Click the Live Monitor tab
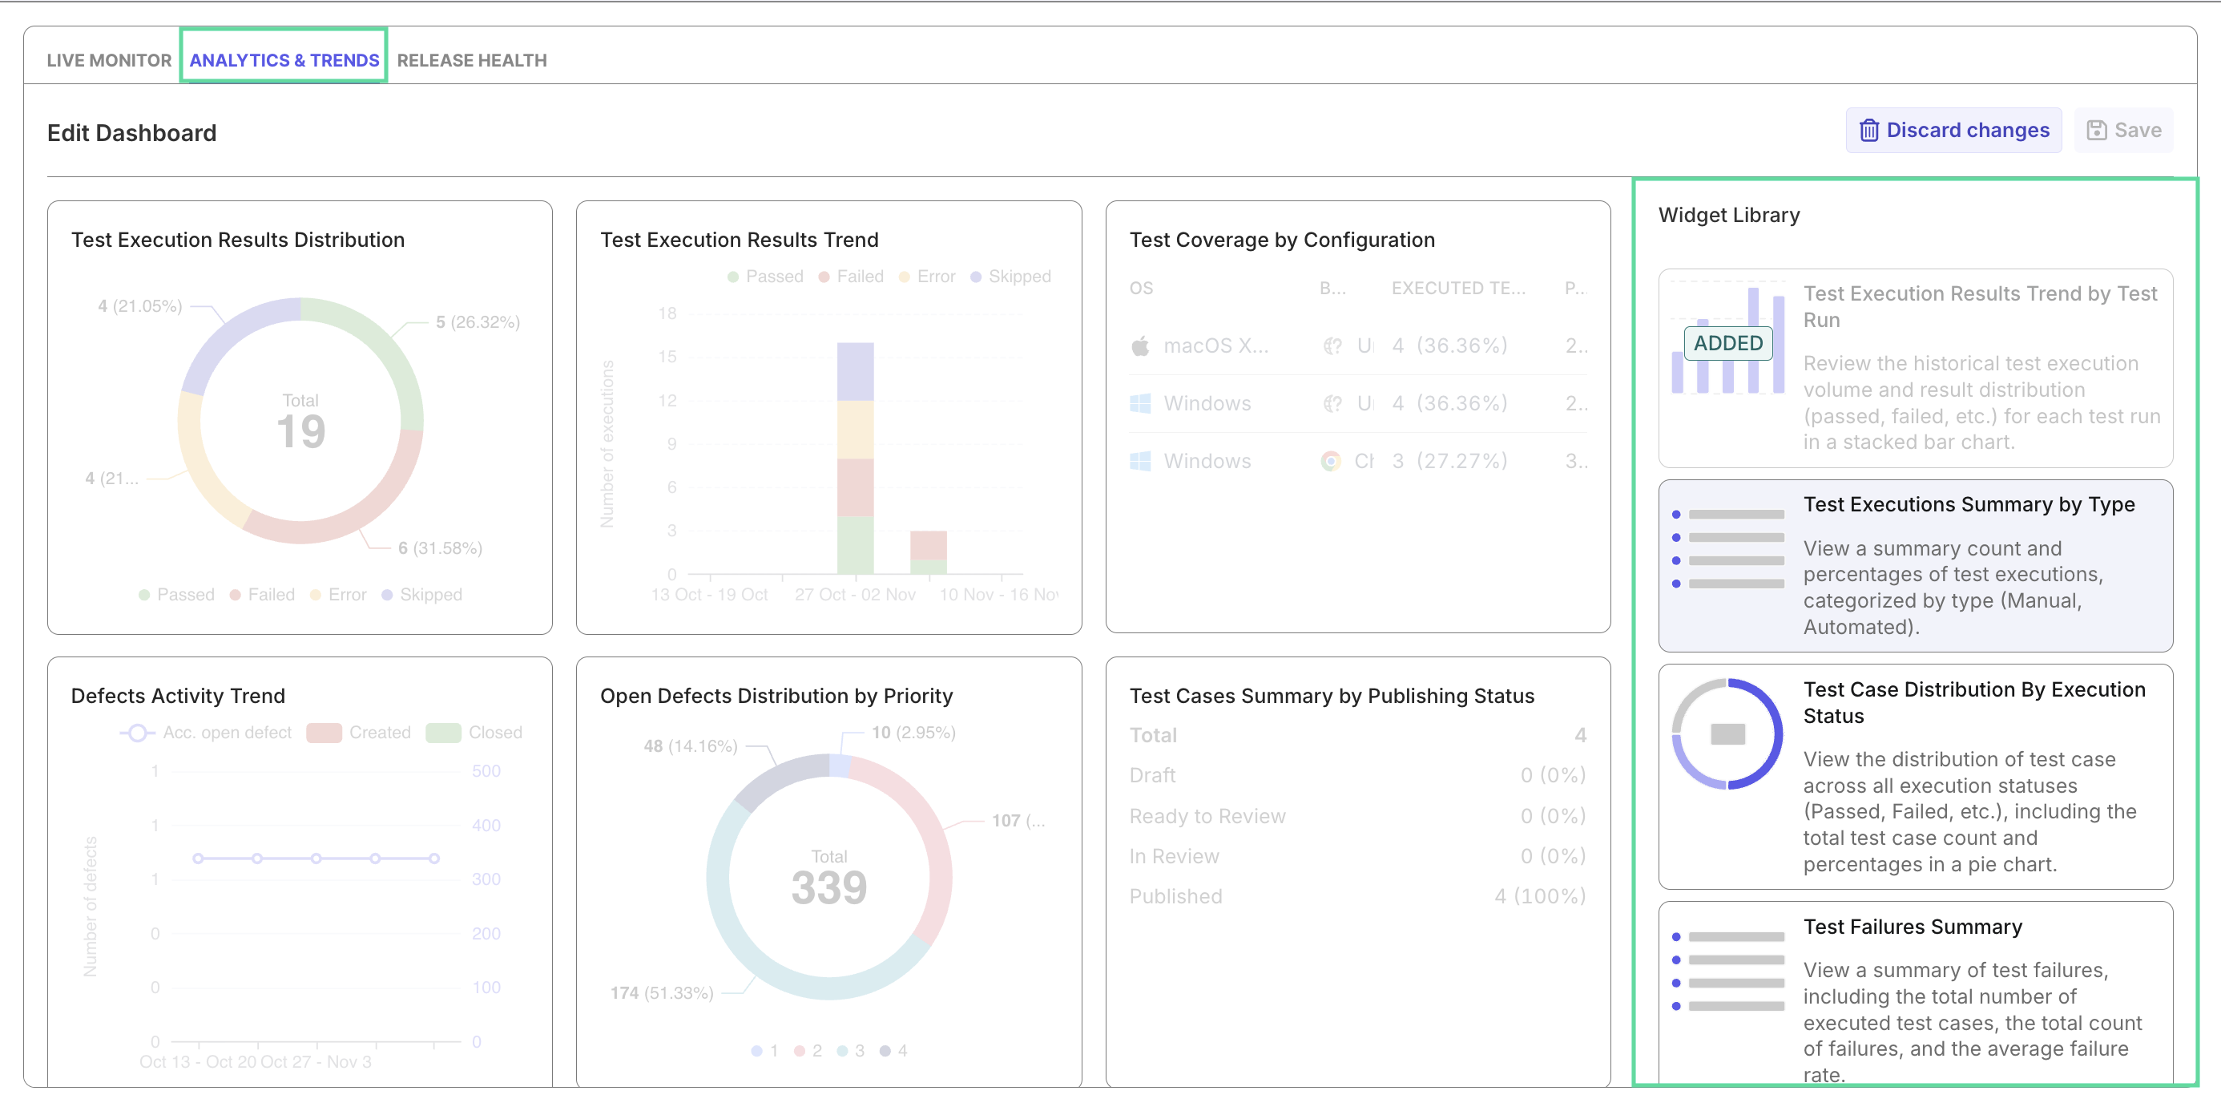[x=109, y=60]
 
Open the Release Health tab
[x=472, y=60]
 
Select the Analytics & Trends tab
[x=284, y=60]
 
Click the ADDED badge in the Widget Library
[x=1727, y=343]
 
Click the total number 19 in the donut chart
[x=301, y=431]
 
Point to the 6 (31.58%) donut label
[x=440, y=547]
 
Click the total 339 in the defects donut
[x=828, y=887]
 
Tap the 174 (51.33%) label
[x=661, y=993]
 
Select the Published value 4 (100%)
[x=1540, y=896]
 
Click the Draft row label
[x=1152, y=775]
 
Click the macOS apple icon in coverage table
[x=1140, y=346]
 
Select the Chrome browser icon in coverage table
[x=1330, y=462]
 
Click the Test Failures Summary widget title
[x=1913, y=927]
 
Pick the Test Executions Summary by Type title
[x=1969, y=505]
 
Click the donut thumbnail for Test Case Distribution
[x=1727, y=734]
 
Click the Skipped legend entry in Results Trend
[x=1018, y=277]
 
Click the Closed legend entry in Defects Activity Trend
[x=494, y=733]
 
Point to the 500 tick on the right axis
[x=486, y=771]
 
